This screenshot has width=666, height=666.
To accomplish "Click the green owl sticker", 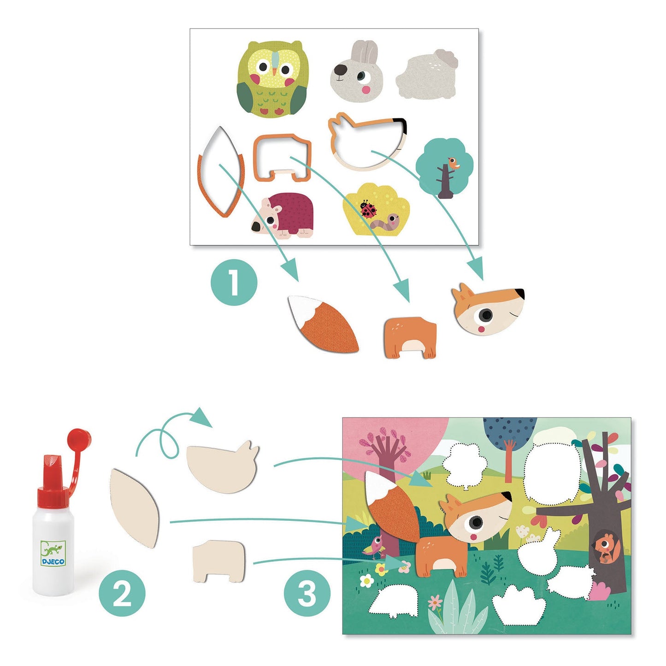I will point(272,78).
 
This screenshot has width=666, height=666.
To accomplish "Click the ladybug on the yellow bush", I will point(368,209).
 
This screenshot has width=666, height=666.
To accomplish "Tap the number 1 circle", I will point(234,283).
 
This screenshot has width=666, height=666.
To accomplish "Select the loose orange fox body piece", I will point(410,337).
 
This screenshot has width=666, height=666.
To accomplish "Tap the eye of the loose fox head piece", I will point(485,315).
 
